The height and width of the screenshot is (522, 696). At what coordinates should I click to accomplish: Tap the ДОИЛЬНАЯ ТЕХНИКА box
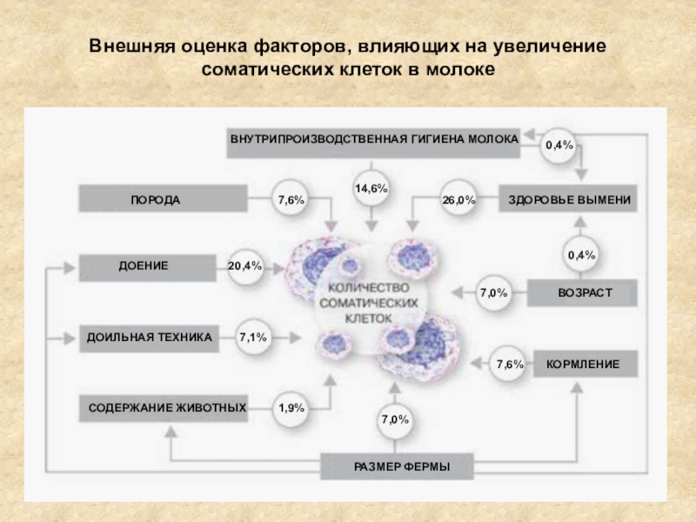[x=149, y=337]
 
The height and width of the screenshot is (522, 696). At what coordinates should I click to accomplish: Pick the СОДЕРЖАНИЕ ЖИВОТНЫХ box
[x=166, y=407]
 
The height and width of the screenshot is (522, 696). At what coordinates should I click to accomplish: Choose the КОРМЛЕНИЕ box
[x=583, y=364]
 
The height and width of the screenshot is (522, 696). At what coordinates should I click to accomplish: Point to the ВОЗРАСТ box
[x=584, y=293]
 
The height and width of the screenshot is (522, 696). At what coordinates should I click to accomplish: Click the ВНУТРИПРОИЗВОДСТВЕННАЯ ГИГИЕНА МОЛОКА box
[x=374, y=140]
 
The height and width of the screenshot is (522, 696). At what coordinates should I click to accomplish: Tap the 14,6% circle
[x=371, y=188]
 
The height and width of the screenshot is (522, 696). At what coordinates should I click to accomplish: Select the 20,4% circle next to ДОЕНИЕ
[x=245, y=266]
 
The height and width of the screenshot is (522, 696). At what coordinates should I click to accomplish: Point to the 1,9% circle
[x=291, y=407]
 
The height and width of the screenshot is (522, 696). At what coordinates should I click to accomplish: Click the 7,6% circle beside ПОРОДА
[x=291, y=200]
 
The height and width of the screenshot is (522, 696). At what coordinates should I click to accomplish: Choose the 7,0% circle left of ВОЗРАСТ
[x=493, y=293]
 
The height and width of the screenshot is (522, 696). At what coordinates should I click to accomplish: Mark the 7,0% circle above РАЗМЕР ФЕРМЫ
[x=394, y=420]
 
